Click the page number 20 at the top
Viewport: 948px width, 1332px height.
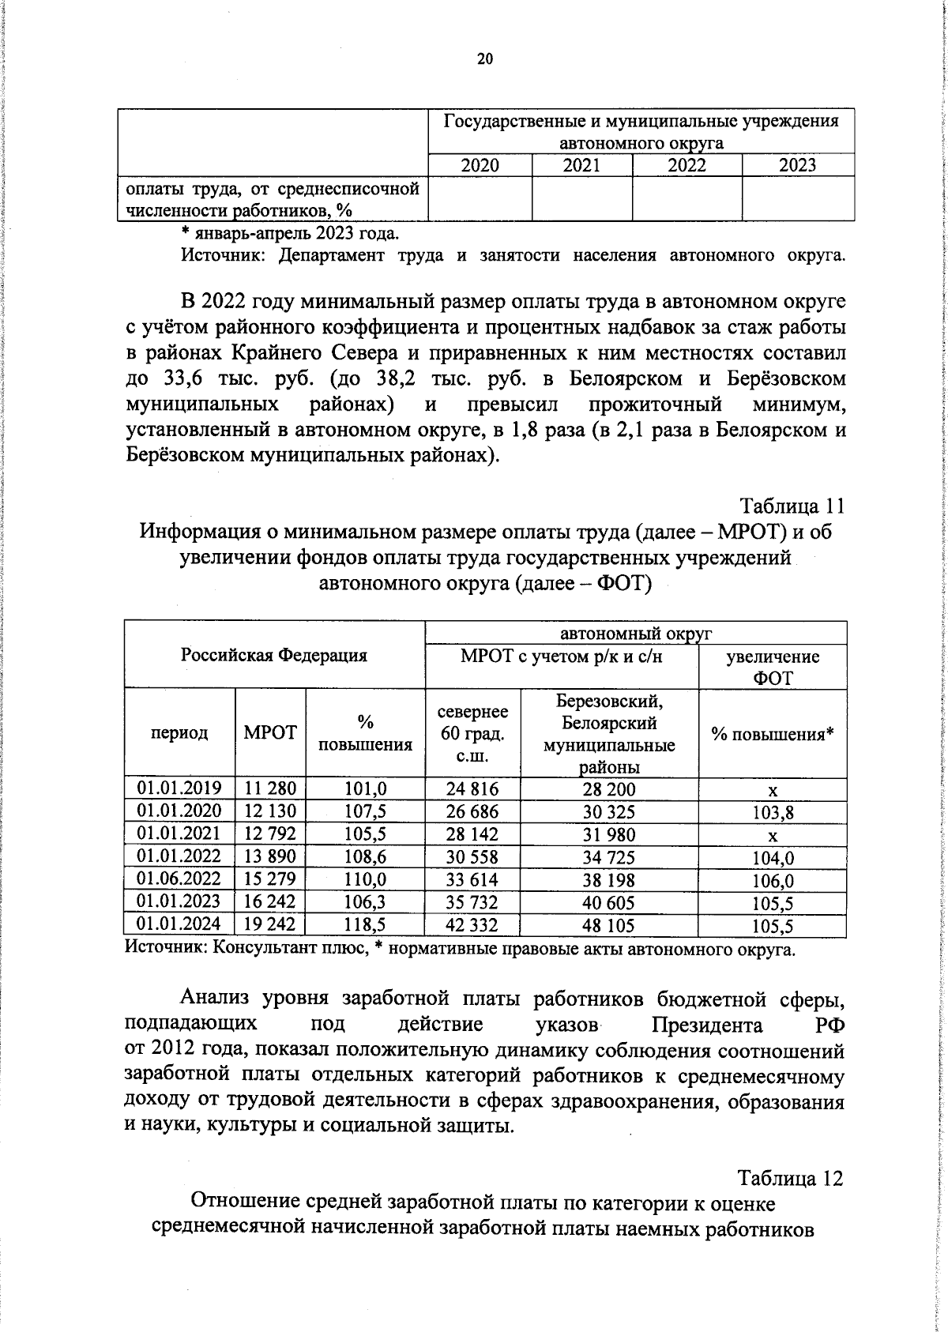pos(484,59)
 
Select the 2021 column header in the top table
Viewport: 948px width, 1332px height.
pos(581,165)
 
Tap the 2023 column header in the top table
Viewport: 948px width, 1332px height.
pos(797,165)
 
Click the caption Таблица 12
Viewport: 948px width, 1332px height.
pos(790,1178)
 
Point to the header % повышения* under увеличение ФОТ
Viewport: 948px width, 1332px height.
pos(772,734)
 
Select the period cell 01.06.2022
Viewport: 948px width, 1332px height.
pos(179,879)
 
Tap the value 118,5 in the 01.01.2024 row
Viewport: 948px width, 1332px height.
pos(365,924)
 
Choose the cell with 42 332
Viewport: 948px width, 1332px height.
pos(472,924)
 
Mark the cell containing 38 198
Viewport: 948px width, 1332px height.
pos(608,879)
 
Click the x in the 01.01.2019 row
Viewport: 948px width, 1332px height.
pos(773,790)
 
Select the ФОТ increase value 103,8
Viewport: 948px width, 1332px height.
pos(773,812)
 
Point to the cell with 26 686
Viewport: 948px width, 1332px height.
pos(472,811)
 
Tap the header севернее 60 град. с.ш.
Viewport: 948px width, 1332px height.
pos(472,734)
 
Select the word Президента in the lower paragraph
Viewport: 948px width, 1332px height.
pos(707,1025)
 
